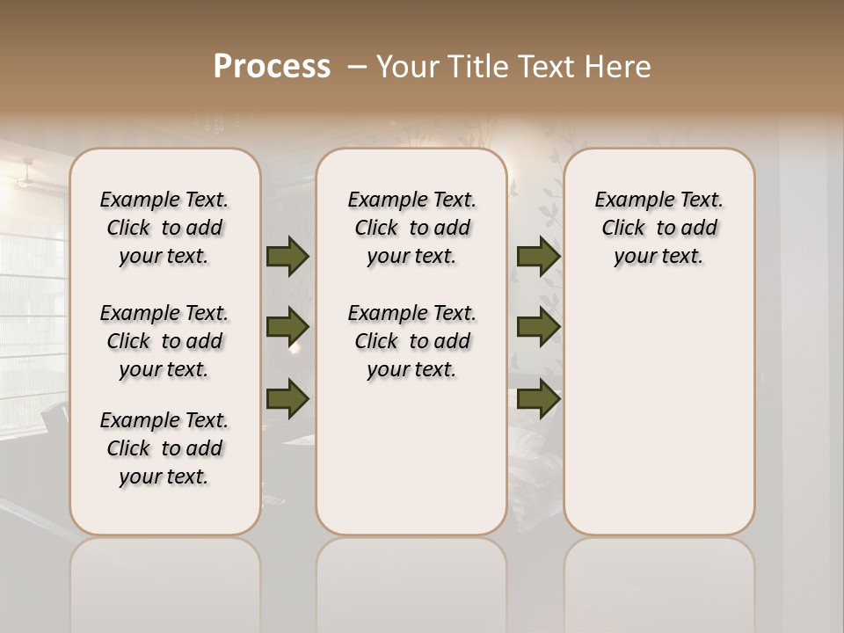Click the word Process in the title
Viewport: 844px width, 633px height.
tap(272, 67)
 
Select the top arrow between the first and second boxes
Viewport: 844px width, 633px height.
tap(287, 256)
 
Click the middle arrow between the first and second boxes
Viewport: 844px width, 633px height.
tap(287, 327)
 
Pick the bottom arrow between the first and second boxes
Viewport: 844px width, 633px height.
tap(287, 398)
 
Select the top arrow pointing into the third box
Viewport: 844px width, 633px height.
tap(538, 256)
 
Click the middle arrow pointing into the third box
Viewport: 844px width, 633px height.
tap(538, 327)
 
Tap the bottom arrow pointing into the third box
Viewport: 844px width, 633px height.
tap(538, 398)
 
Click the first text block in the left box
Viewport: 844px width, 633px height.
tap(164, 228)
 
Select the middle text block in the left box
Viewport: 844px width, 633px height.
tap(164, 341)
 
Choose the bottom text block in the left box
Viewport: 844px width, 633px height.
tap(164, 448)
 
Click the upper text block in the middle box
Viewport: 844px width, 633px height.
tap(411, 228)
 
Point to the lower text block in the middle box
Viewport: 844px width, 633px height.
tap(411, 341)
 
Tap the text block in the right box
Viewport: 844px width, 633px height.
tap(658, 228)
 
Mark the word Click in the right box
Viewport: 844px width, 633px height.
tap(623, 229)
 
